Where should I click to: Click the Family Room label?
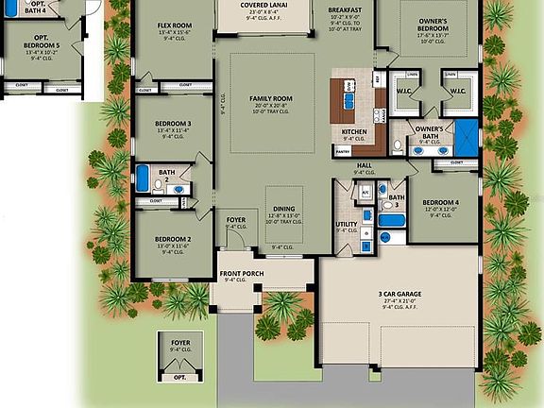pos(271,98)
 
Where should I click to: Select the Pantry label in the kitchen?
pos(343,150)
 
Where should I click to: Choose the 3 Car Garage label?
pos(386,294)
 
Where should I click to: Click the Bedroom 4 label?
pos(440,203)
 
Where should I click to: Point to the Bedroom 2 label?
pos(173,239)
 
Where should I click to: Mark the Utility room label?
pos(346,224)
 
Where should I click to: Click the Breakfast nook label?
pos(346,10)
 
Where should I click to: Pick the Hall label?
pos(365,164)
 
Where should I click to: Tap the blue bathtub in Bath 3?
pos(391,222)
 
